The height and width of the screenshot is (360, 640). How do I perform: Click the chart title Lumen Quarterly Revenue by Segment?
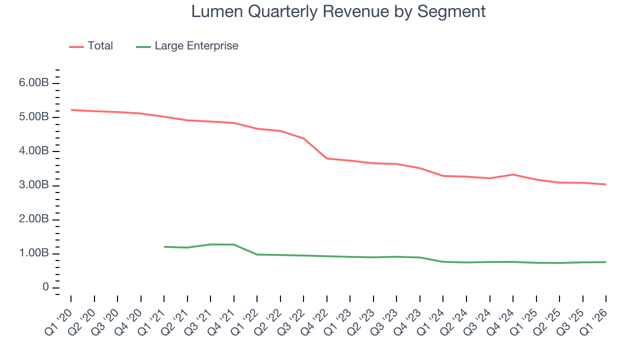[338, 11]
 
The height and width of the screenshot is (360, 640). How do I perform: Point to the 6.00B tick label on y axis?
[34, 83]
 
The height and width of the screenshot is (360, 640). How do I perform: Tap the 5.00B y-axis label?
[34, 117]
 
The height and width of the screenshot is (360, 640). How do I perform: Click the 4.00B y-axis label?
[34, 151]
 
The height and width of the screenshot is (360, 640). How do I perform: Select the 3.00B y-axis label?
[34, 185]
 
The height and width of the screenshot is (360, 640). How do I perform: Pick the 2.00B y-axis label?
[34, 219]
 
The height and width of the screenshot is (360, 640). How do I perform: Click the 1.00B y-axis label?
[34, 253]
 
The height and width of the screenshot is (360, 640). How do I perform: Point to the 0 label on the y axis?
[45, 287]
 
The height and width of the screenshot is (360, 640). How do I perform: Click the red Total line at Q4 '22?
[327, 158]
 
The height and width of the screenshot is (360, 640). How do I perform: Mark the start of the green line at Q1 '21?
[164, 246]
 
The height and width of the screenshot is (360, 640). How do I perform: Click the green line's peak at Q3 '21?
[210, 244]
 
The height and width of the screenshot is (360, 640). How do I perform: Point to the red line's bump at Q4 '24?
[513, 174]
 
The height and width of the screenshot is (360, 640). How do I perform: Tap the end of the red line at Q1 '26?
[605, 184]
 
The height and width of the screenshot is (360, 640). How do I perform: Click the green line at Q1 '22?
[257, 254]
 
